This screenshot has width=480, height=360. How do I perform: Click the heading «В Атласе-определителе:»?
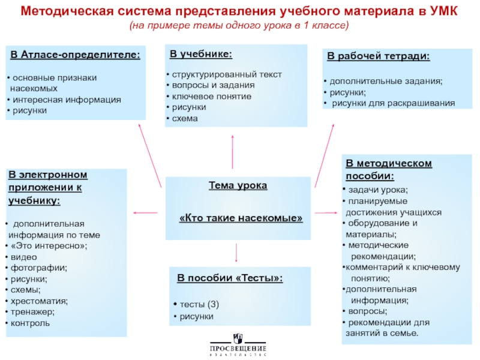click(x=75, y=56)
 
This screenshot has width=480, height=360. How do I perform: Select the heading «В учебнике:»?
click(x=201, y=55)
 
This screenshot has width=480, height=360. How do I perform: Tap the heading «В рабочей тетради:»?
click(x=378, y=57)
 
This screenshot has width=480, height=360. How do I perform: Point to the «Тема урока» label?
click(x=238, y=186)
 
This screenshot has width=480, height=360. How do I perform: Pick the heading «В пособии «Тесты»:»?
click(x=230, y=279)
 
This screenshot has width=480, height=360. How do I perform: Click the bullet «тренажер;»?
click(x=32, y=312)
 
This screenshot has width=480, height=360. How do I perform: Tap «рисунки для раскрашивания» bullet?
click(x=393, y=103)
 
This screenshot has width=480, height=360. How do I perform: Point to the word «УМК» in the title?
click(x=445, y=13)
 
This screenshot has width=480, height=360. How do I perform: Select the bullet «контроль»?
click(x=31, y=323)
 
